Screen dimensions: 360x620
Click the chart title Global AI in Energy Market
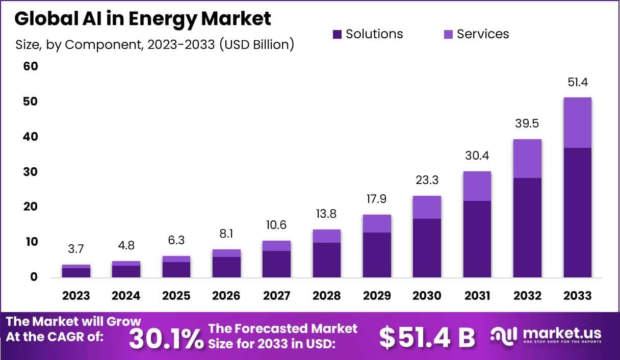coord(143,19)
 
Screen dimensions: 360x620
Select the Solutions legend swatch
coord(337,34)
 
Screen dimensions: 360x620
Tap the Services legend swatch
coord(448,34)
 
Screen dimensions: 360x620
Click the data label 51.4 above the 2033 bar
coord(578,83)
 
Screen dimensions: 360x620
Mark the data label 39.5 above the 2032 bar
coord(527,124)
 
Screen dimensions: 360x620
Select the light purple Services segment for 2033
coord(578,122)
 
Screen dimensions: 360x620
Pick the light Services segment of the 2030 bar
coord(427,207)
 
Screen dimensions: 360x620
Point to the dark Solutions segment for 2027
coord(276,264)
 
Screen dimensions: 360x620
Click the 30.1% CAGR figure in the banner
coord(166,338)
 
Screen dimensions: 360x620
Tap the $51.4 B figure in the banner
coord(427,337)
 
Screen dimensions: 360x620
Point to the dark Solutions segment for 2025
coord(176,269)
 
